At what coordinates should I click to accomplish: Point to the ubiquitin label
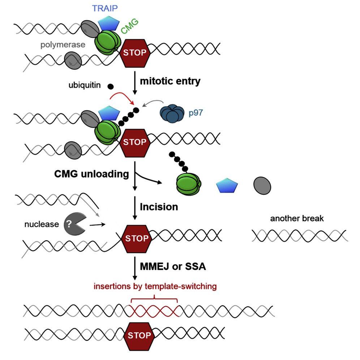pyautogui.click(x=85, y=86)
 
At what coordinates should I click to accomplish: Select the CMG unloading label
pyautogui.click(x=92, y=174)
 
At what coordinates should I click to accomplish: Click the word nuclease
pyautogui.click(x=42, y=224)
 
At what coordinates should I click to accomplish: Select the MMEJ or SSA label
pyautogui.click(x=172, y=267)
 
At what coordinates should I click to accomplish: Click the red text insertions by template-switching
pyautogui.click(x=155, y=287)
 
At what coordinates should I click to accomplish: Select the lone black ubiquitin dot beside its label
pyautogui.click(x=111, y=86)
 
